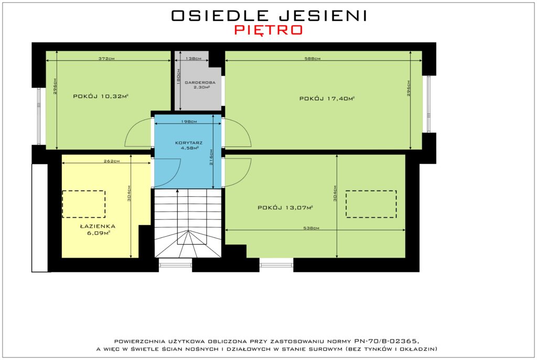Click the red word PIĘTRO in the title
point(268,30)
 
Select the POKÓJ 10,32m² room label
point(101,97)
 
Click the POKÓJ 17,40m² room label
point(327,99)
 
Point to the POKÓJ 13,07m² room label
point(285,207)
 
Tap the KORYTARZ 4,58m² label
point(189,145)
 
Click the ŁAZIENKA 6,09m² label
point(98,229)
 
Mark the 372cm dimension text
point(106,58)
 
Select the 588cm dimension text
point(313,58)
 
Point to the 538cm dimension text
point(311,228)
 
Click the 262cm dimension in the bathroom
point(112,161)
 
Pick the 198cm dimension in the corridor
point(189,121)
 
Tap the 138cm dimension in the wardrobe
point(193,58)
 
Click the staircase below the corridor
point(188,223)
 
